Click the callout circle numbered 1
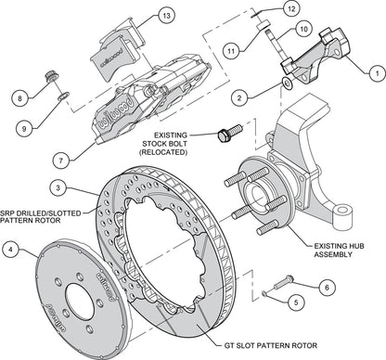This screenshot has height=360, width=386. pos(375,71)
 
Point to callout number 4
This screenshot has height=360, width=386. pos(10,249)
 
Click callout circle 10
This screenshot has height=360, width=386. pos(302,30)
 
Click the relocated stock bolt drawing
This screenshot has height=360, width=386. pos(224,136)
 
